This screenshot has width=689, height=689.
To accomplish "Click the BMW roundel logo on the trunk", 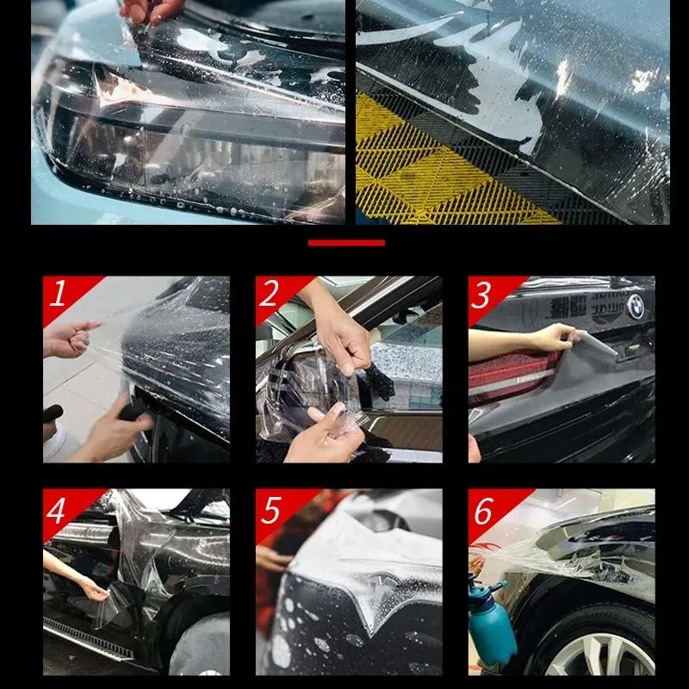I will pyautogui.click(x=636, y=306).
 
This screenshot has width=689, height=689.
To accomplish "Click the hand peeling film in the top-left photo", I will pyautogui.click(x=151, y=10).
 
